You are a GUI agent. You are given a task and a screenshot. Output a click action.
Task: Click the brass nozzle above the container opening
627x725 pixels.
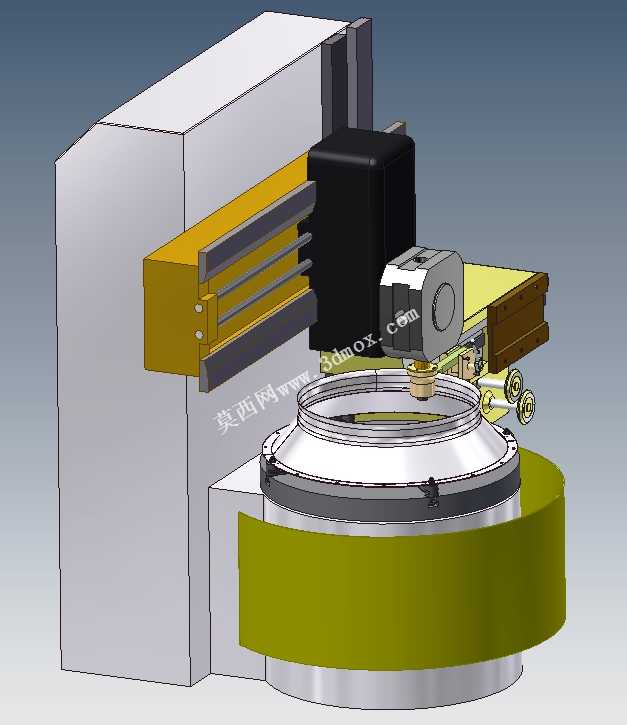tap(422, 380)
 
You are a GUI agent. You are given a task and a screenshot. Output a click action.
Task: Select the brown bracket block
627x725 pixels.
tap(518, 324)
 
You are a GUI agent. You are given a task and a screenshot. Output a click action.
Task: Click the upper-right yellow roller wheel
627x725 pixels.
tap(513, 382)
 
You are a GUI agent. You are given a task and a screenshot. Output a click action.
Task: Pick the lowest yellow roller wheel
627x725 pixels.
tap(525, 406)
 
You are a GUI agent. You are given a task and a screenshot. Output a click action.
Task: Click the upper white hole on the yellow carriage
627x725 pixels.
tap(198, 307)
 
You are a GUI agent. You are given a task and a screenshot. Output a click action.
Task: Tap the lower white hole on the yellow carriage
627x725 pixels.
tap(199, 334)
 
